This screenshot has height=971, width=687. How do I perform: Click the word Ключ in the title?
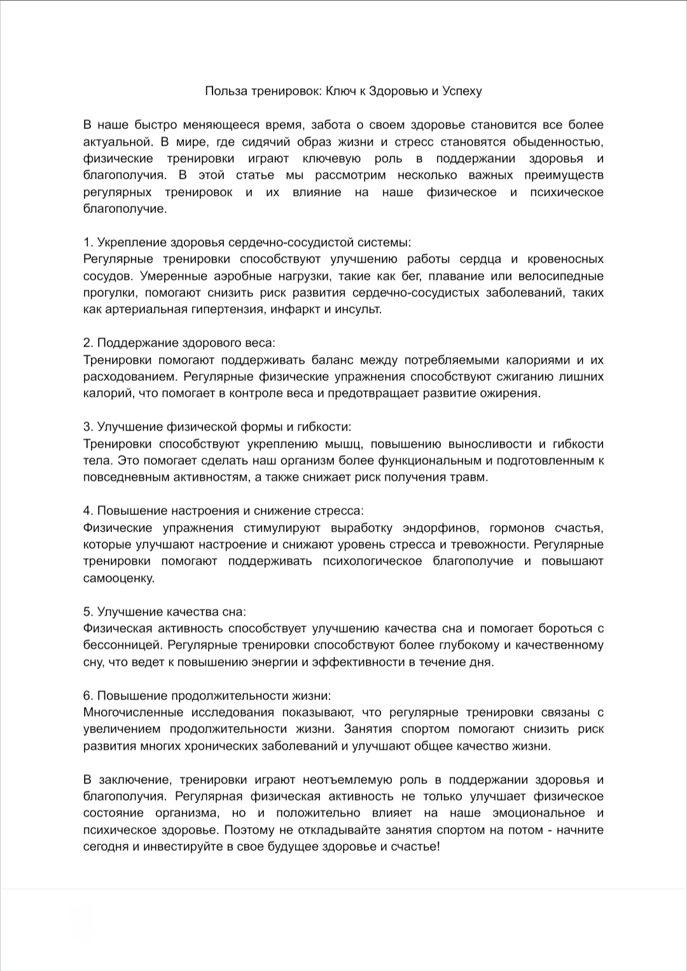point(342,91)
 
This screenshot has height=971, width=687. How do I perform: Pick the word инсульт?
point(359,310)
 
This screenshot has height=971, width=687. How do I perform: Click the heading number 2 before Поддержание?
point(87,343)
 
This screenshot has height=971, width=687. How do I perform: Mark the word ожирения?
point(514,393)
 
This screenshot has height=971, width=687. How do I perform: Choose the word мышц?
point(344,444)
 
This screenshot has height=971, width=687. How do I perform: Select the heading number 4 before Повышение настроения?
point(87,511)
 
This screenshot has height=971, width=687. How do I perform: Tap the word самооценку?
point(119,578)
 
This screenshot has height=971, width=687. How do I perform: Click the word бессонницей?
point(119,645)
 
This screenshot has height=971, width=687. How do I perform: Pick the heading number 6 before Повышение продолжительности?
point(87,696)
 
